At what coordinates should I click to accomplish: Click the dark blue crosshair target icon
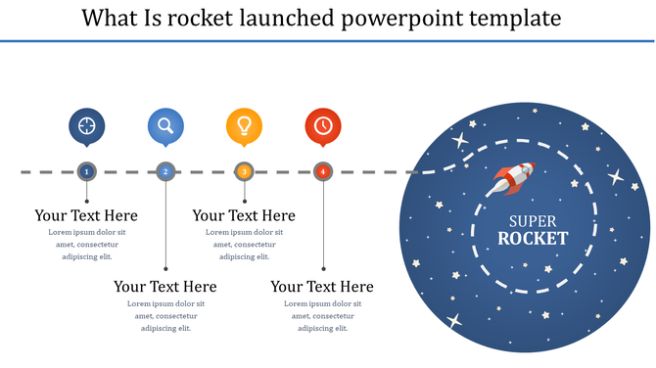pos(87,125)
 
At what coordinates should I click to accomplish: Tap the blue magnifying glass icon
pos(165,125)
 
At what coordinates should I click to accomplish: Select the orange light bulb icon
pos(245,125)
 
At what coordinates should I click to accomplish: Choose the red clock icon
pos(323,125)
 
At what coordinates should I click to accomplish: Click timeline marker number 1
pos(87,171)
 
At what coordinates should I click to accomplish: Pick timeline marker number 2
pos(165,171)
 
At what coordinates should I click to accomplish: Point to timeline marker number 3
pos(245,171)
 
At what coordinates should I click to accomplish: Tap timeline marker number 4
pos(323,171)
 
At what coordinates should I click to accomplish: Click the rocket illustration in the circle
pos(514,178)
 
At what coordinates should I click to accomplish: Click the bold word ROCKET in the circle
pos(533,238)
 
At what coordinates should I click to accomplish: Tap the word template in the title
pos(526,18)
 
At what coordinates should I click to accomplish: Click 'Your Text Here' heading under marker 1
pos(86,215)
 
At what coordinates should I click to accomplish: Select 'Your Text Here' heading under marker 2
pos(165,287)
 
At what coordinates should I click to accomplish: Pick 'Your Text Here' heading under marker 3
pos(244,215)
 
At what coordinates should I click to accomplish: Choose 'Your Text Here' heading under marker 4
pos(322,287)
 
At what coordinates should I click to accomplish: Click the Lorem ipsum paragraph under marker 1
pos(86,244)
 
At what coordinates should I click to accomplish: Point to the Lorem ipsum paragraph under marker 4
pos(322,315)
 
